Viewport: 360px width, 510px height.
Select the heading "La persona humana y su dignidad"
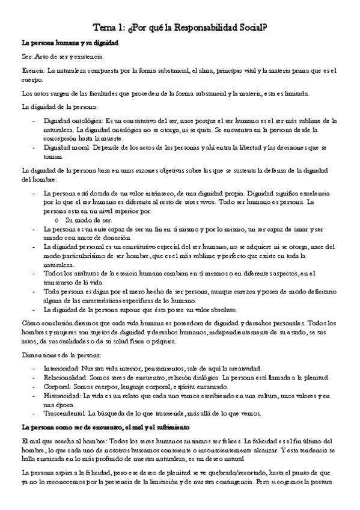point(70,45)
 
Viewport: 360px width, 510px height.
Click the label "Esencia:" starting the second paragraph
point(32,71)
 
